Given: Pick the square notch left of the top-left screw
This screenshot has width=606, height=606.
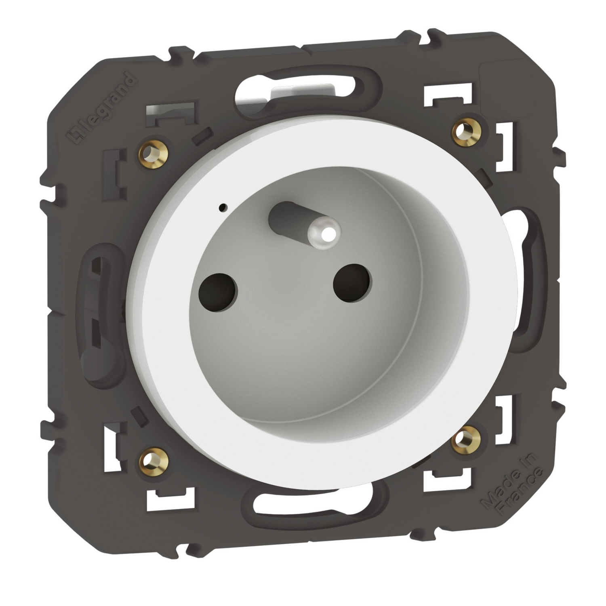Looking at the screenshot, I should click(x=118, y=170).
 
